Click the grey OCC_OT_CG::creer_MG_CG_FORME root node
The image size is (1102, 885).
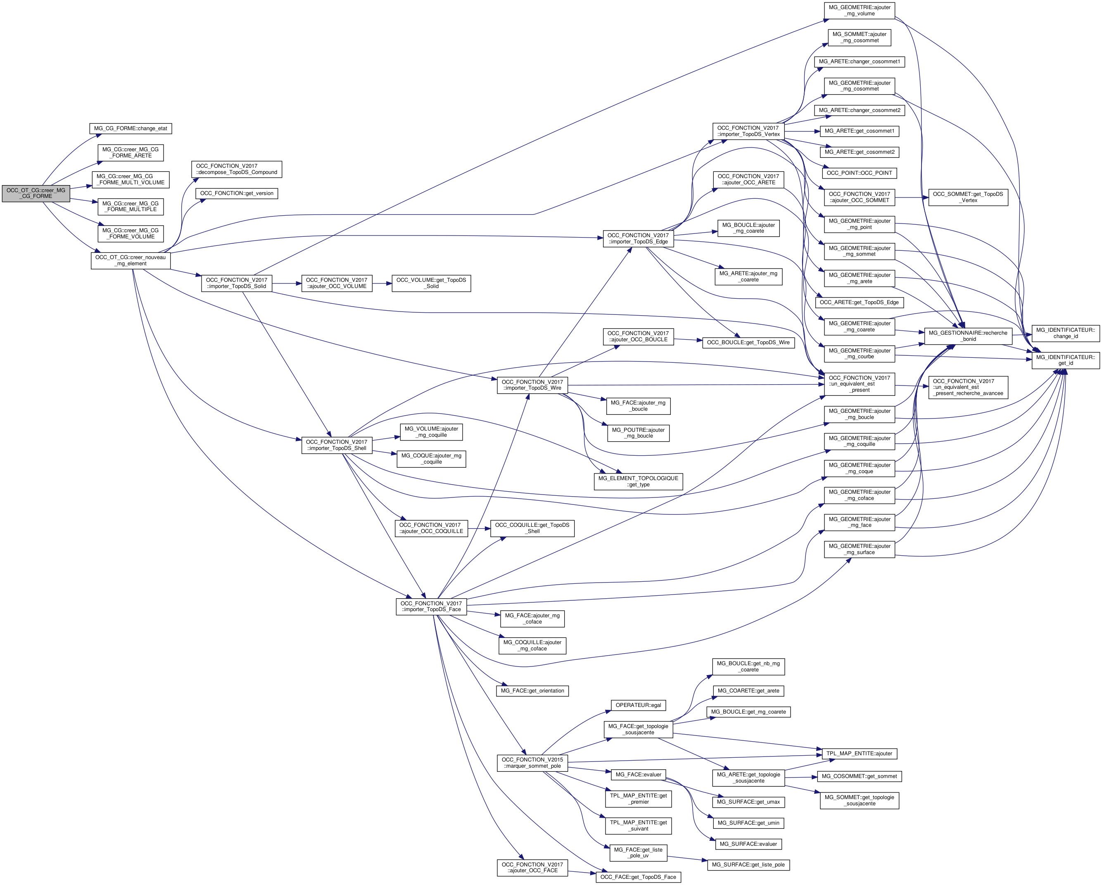click(36, 193)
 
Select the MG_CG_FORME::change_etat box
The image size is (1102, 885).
click(131, 128)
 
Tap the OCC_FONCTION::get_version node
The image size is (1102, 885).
click(237, 193)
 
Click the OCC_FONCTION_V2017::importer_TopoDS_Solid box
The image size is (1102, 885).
click(236, 283)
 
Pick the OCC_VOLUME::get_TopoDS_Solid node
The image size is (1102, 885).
click(431, 283)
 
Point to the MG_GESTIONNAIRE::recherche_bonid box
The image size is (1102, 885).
click(968, 336)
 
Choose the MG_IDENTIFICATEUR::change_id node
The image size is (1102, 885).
click(1065, 333)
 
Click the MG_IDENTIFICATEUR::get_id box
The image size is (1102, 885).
click(1065, 360)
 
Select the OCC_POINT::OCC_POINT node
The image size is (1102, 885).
click(859, 173)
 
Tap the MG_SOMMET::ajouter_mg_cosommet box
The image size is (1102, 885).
click(859, 37)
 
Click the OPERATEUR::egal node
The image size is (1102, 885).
click(639, 705)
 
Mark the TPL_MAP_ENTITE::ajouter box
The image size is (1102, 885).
click(859, 754)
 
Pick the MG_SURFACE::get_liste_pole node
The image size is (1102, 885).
click(748, 865)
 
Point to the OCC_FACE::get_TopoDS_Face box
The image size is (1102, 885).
click(638, 877)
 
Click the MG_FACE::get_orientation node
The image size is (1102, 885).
click(532, 691)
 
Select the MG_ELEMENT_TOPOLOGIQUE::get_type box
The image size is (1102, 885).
click(638, 481)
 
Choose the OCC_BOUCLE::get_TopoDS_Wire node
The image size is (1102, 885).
click(748, 343)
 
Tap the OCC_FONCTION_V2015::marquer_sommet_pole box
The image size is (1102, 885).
click(532, 763)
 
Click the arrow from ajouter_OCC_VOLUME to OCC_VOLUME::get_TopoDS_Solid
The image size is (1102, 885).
click(382, 283)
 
